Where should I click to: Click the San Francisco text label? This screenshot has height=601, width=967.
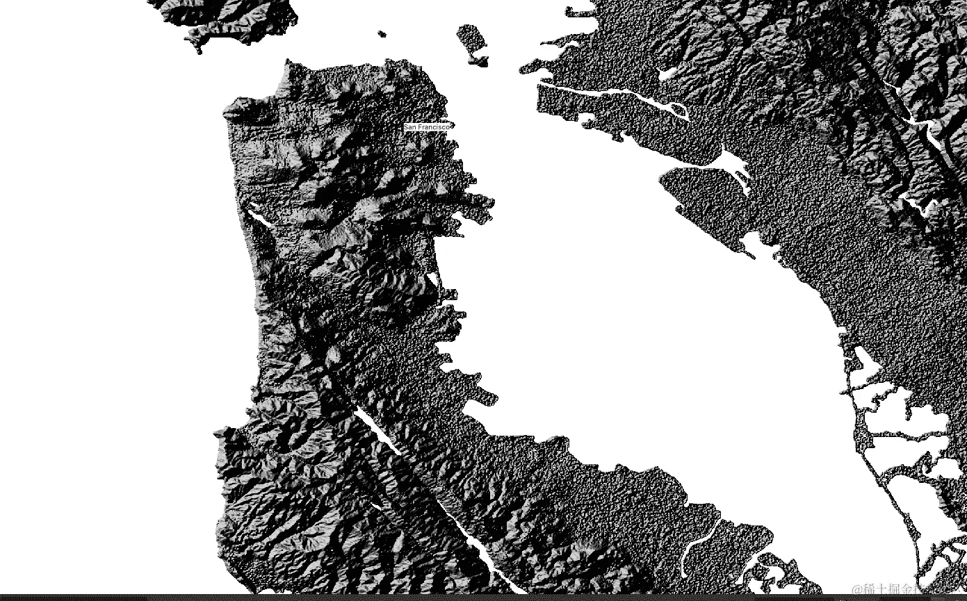coord(428,127)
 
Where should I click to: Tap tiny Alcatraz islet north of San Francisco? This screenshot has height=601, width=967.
coord(381,33)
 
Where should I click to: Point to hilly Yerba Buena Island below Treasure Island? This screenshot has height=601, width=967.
coord(479,60)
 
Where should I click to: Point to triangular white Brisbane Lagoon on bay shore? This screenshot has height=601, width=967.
coord(434,282)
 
